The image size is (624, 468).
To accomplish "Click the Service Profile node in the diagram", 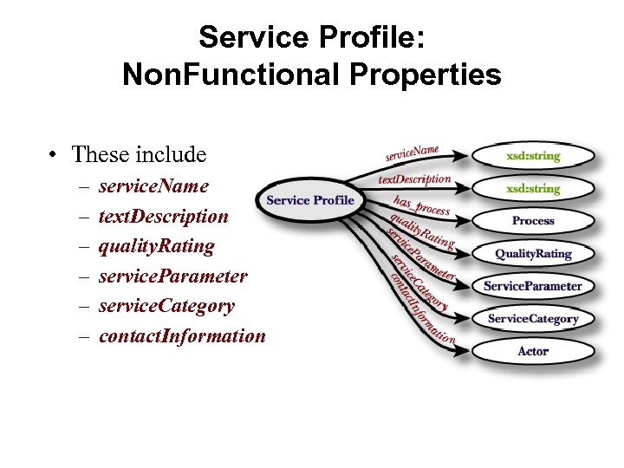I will click(x=309, y=200).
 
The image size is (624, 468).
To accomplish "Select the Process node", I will click(x=533, y=221).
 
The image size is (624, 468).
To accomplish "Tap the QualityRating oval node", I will click(x=533, y=254).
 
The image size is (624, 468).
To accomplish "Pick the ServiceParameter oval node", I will click(x=533, y=286).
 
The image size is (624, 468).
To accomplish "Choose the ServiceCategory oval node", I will click(x=533, y=319).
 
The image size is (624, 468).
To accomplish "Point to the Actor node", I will click(x=533, y=351).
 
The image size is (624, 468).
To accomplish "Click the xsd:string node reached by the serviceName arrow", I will click(x=533, y=156).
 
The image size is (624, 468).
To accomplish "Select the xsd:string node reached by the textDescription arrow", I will click(x=533, y=188).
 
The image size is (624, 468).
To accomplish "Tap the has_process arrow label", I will click(x=421, y=205).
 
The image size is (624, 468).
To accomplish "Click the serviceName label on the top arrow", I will click(x=412, y=154).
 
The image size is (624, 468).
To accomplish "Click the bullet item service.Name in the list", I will click(x=153, y=186).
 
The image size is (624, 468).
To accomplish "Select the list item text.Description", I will click(x=164, y=217).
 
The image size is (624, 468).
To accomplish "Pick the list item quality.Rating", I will click(x=156, y=246).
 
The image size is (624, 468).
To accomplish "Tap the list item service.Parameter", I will click(x=172, y=276).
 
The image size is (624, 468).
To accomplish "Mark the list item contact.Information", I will click(x=182, y=336).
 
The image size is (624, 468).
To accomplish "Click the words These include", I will click(x=139, y=155).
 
